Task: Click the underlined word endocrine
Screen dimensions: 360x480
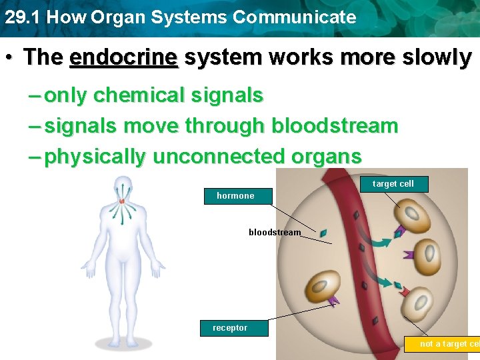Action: pyautogui.click(x=123, y=58)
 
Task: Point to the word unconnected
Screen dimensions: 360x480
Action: pyautogui.click(x=219, y=157)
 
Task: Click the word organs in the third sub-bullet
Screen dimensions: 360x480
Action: pyautogui.click(x=327, y=157)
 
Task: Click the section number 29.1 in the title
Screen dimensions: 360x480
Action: pyautogui.click(x=22, y=17)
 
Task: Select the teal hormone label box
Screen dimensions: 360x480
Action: pyautogui.click(x=238, y=196)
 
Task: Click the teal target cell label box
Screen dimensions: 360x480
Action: pyautogui.click(x=393, y=184)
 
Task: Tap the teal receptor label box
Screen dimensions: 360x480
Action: pyautogui.click(x=233, y=328)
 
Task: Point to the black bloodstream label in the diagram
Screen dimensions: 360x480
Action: pyautogui.click(x=275, y=233)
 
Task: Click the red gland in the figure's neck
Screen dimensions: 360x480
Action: pyautogui.click(x=122, y=200)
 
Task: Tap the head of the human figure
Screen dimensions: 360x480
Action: pyautogui.click(x=122, y=187)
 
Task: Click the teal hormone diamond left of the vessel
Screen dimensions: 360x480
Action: pyautogui.click(x=323, y=233)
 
